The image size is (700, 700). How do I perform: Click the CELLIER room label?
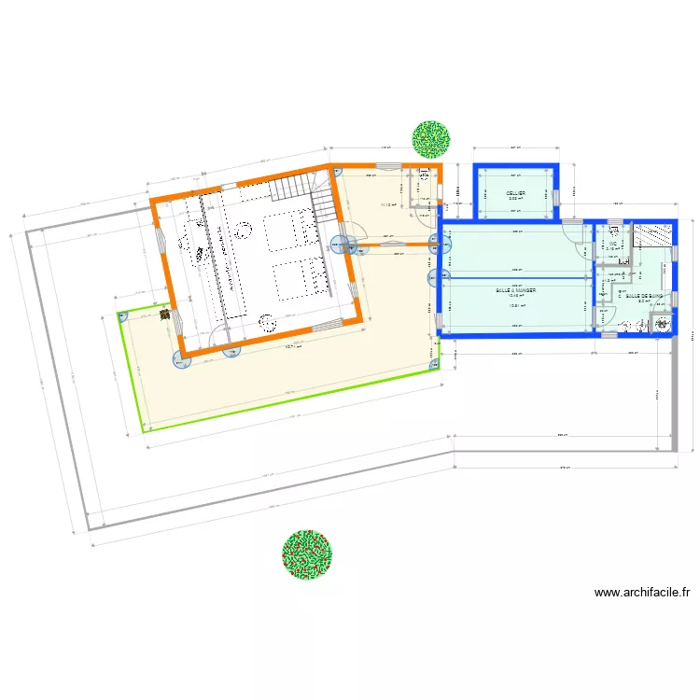[x=516, y=193]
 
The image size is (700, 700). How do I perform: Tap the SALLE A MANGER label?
[x=515, y=290]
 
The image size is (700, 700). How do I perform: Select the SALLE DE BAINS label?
[x=644, y=296]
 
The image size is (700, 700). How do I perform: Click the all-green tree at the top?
[x=431, y=138]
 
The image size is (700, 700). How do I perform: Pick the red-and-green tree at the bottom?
[x=307, y=554]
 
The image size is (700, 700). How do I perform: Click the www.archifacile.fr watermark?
[x=642, y=592]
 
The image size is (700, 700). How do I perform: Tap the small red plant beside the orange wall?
[x=164, y=315]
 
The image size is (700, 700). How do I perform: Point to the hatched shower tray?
[x=653, y=233]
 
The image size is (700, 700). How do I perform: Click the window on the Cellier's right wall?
[x=556, y=196]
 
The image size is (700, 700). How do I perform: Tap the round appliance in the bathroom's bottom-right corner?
[x=664, y=324]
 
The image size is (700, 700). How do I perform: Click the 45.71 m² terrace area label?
[x=293, y=348]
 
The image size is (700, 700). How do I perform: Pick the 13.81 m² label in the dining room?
[x=513, y=307]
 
